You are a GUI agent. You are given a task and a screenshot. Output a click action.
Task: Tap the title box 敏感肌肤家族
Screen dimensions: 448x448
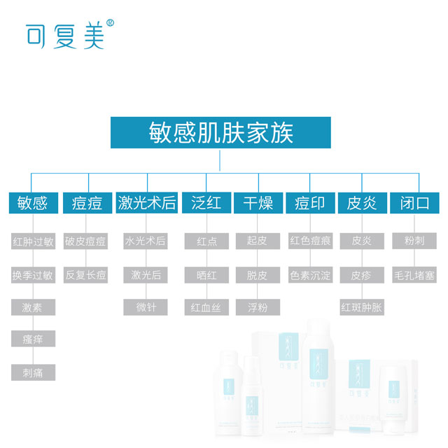click(220, 132)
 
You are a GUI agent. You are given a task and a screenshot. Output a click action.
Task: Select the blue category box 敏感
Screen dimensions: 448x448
click(32, 203)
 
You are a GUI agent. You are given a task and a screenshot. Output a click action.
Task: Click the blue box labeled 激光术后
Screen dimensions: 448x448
click(146, 203)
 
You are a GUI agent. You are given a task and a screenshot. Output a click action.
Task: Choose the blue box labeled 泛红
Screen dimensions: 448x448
click(206, 203)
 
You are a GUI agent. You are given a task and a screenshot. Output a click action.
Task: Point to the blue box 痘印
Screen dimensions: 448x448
click(309, 203)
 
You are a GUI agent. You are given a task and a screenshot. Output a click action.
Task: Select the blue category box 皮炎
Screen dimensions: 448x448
click(362, 203)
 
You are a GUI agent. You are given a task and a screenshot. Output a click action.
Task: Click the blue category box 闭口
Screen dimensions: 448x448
click(414, 203)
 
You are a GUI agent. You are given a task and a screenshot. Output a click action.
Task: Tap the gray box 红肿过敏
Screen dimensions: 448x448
click(33, 241)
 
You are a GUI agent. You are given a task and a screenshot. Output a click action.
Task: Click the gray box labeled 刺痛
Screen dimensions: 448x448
click(33, 372)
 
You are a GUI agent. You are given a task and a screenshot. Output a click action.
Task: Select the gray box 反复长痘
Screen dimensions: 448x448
click(86, 275)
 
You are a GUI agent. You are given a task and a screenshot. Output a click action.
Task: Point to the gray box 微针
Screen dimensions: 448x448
click(145, 307)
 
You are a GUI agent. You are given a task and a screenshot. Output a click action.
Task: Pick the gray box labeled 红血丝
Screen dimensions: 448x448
click(206, 307)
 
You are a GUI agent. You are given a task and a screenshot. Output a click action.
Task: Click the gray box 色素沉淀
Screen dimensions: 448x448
click(310, 275)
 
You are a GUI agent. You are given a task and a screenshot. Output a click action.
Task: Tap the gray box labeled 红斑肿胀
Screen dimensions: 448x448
click(362, 307)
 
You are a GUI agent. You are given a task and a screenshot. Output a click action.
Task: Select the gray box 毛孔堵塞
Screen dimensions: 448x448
click(414, 275)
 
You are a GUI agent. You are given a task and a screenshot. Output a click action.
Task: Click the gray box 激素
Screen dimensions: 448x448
click(33, 307)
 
